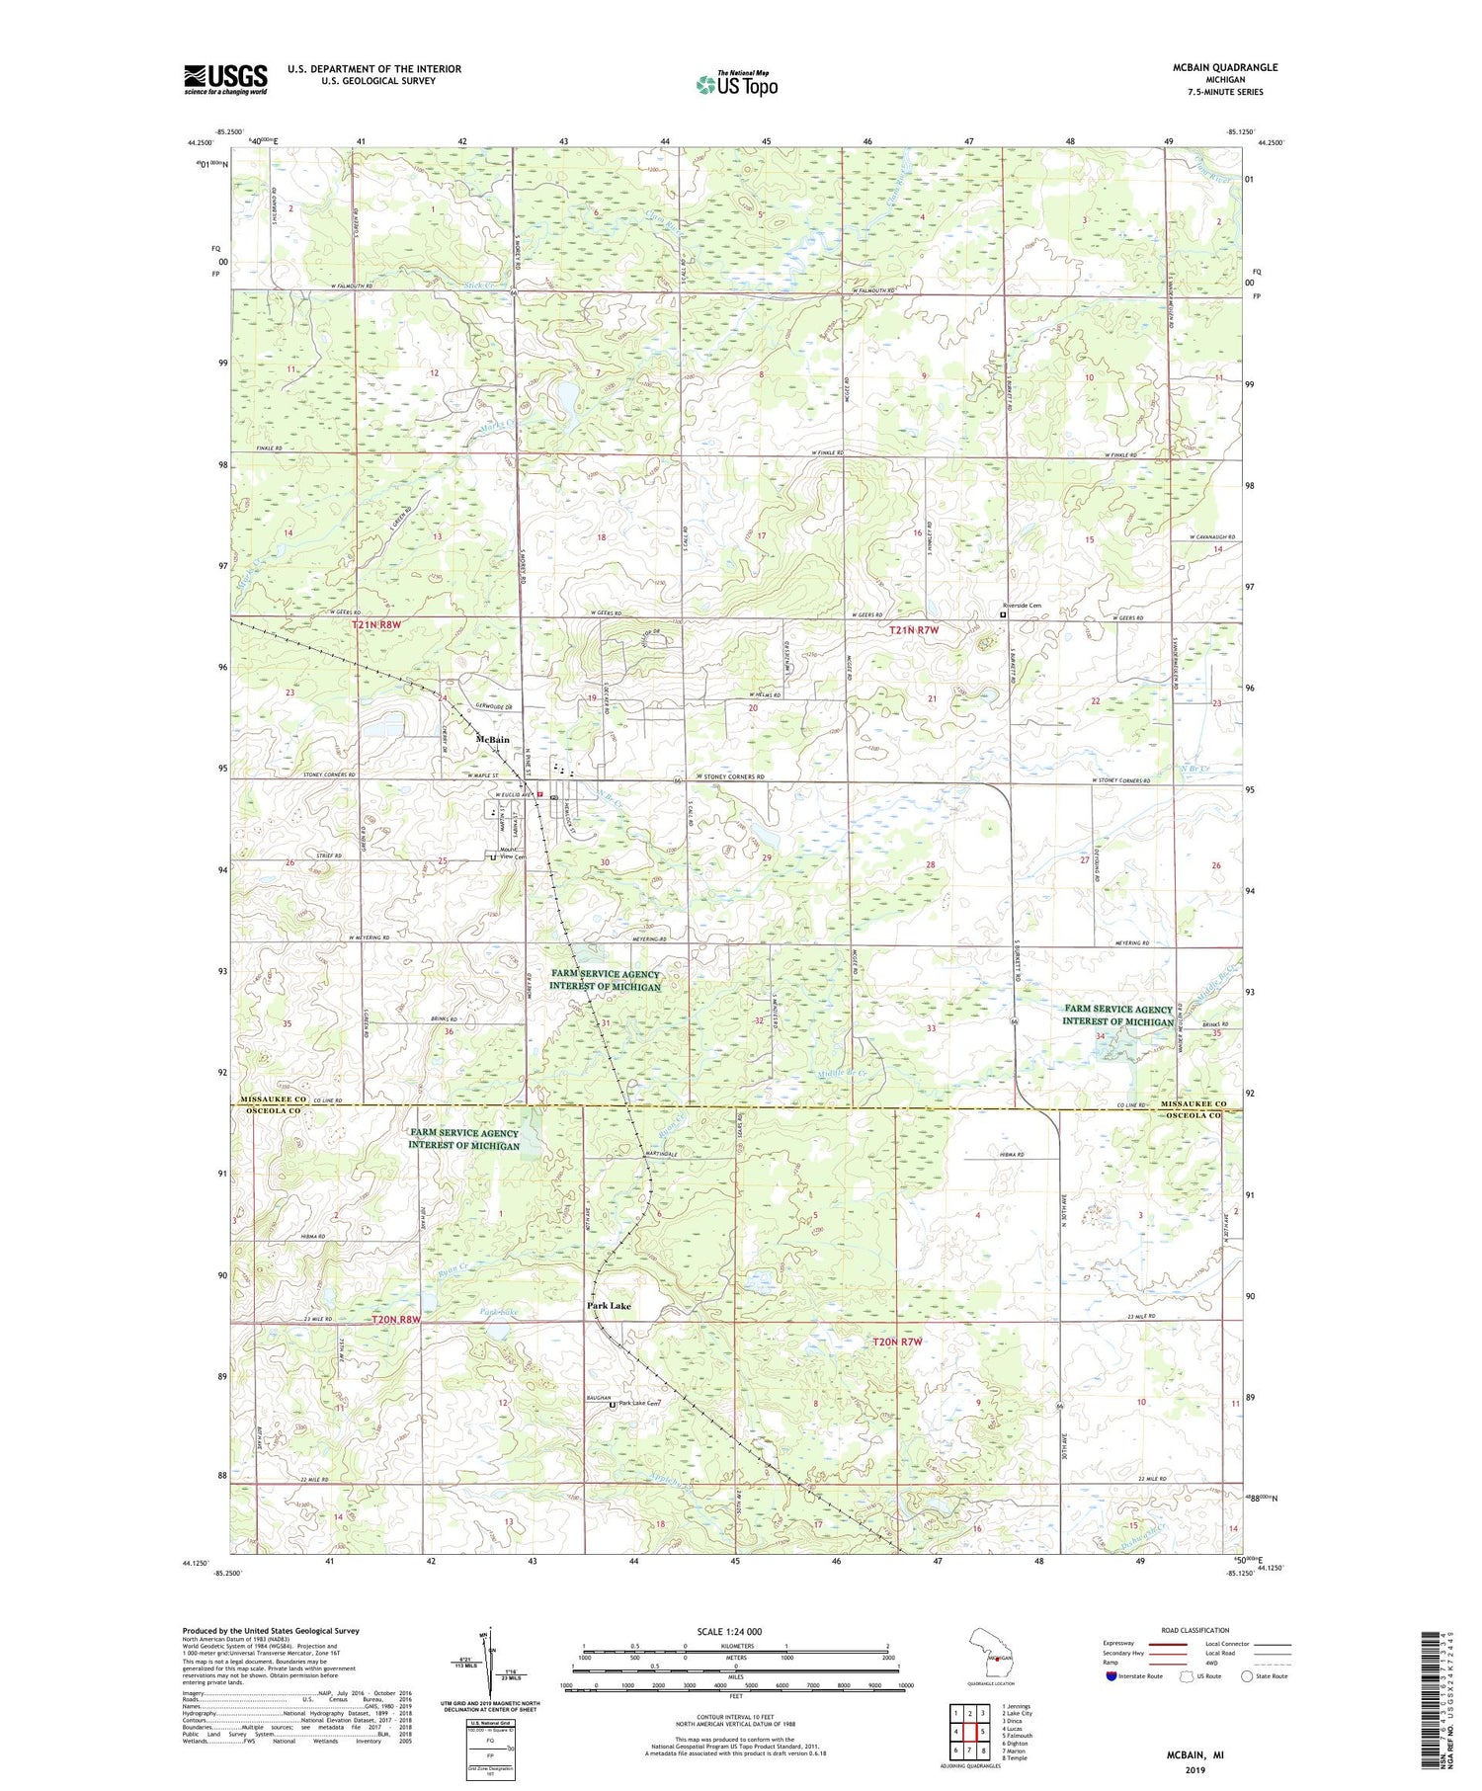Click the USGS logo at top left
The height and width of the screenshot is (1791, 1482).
[x=225, y=79]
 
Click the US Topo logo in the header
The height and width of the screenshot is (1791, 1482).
[x=736, y=85]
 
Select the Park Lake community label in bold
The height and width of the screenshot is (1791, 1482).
[x=609, y=1305]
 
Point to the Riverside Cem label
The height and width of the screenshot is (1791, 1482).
[x=1022, y=606]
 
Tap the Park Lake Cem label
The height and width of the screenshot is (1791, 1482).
[x=638, y=1403]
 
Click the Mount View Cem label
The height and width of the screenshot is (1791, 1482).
[x=511, y=852]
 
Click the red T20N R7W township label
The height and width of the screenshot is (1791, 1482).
[x=898, y=1342]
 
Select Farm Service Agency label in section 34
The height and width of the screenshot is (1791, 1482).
[x=1117, y=1015]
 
